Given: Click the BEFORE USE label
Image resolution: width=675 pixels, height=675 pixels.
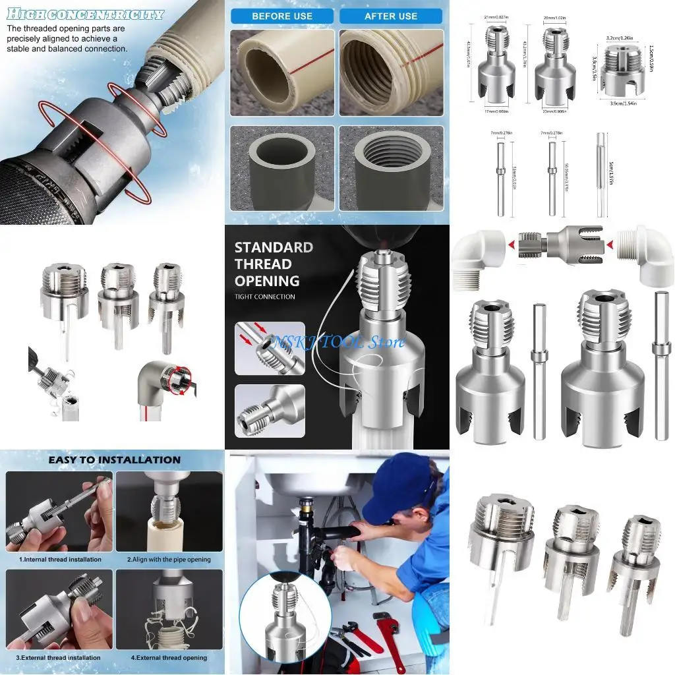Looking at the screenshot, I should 282,16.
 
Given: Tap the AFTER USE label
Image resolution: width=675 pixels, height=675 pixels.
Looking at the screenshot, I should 391,16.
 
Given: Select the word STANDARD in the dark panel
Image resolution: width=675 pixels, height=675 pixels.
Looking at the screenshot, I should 274,247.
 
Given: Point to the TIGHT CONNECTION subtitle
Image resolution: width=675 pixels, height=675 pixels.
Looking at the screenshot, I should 265,297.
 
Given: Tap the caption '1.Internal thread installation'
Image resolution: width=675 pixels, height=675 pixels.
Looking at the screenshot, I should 59,560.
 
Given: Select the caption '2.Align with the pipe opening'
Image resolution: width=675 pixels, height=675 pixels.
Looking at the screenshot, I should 169,560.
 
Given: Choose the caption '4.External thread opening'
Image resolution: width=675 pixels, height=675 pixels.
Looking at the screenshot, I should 169,657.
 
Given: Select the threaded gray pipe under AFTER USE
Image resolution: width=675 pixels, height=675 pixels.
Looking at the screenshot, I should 392,165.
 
